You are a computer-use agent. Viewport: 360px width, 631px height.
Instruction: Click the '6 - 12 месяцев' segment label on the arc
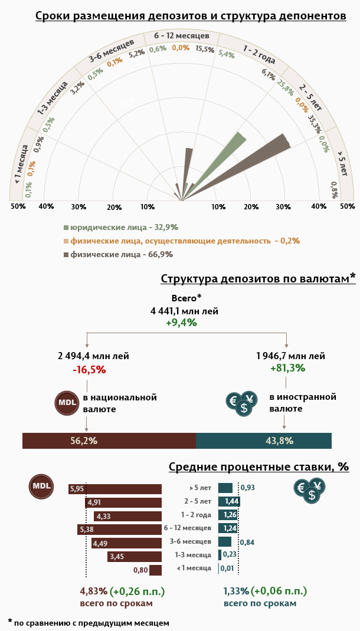click(181, 36)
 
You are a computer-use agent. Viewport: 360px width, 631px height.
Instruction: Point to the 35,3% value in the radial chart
click(315, 124)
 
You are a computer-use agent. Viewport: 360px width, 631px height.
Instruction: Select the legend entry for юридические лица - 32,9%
click(121, 227)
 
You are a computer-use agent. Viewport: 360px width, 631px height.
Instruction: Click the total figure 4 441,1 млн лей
click(184, 311)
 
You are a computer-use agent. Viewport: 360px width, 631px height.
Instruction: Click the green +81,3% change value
click(287, 368)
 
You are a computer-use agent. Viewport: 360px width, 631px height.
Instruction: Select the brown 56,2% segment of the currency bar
click(109, 441)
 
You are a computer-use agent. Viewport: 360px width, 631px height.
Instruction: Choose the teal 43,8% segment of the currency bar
click(263, 441)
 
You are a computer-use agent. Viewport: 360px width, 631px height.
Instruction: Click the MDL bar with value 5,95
click(114, 489)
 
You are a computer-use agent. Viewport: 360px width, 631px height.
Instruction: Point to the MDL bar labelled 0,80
click(155, 570)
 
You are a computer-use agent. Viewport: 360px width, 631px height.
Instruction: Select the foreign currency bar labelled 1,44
click(229, 501)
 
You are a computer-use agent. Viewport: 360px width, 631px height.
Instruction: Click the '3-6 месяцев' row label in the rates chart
click(190, 541)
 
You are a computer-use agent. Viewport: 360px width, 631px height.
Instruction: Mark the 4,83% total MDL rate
click(93, 591)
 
